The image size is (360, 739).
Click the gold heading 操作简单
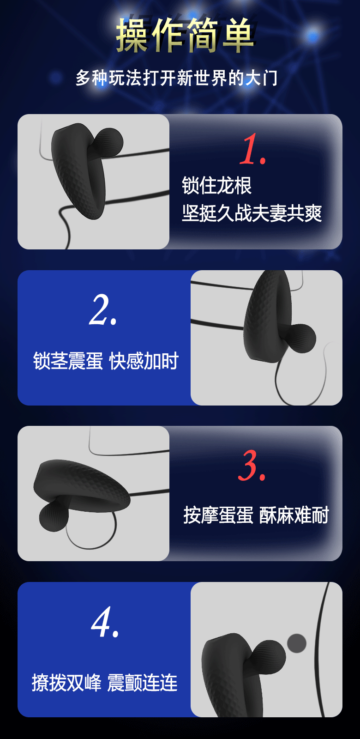click(x=185, y=36)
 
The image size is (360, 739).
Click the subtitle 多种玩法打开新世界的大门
click(x=177, y=78)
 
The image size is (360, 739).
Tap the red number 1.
click(x=252, y=149)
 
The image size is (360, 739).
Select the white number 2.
click(x=103, y=310)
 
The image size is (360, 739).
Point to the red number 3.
click(x=252, y=466)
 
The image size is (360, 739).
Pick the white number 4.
click(x=105, y=622)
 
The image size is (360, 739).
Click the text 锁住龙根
click(x=216, y=186)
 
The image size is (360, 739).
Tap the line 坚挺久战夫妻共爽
click(x=252, y=213)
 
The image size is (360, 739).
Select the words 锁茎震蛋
click(x=68, y=361)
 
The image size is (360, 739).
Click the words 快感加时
click(x=144, y=361)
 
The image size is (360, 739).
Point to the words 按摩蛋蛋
click(x=218, y=515)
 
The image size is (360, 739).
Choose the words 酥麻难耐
click(x=294, y=515)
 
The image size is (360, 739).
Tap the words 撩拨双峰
click(x=66, y=683)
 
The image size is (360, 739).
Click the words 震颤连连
click(x=143, y=683)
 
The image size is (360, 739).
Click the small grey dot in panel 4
click(x=297, y=643)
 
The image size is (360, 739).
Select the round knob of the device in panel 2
click(x=302, y=338)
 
